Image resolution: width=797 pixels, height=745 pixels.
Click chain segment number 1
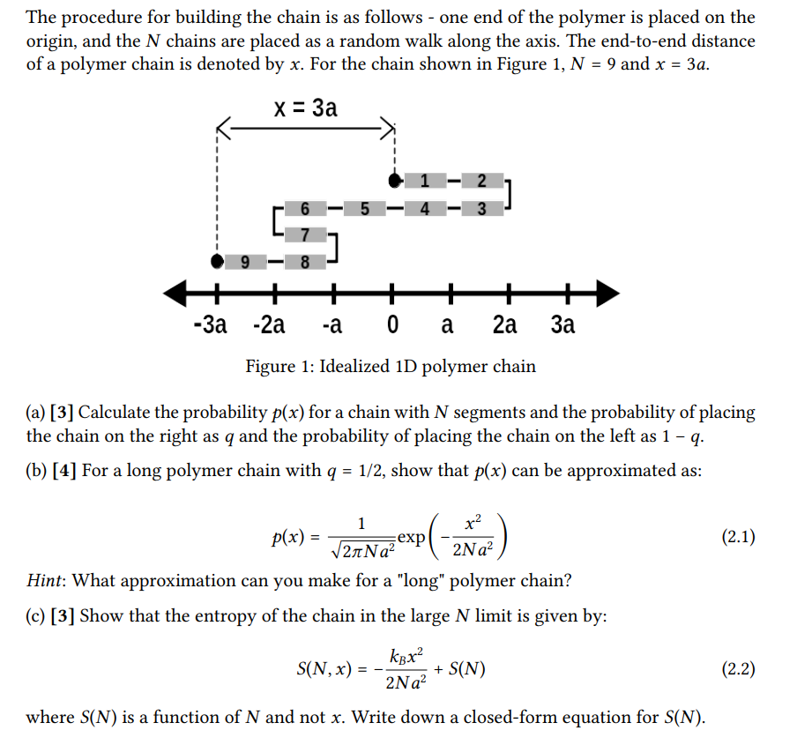coord(425,182)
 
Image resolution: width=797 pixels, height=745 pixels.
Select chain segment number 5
coord(364,209)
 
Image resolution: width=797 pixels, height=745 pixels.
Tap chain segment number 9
coord(246,261)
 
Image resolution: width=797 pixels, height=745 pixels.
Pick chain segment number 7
coord(305,235)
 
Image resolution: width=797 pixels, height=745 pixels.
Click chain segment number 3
coord(481,209)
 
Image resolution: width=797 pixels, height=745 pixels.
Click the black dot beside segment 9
coord(217,261)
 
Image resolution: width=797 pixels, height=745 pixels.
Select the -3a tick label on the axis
coord(209,324)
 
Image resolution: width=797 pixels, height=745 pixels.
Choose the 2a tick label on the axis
coord(504,324)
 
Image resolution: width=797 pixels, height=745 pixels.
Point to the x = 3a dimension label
coord(305,108)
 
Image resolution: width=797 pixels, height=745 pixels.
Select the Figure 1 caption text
coord(390,366)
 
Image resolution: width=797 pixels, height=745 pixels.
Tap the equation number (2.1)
coord(738,537)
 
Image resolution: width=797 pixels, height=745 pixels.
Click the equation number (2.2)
coord(738,668)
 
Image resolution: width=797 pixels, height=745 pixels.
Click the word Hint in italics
coord(45,581)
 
